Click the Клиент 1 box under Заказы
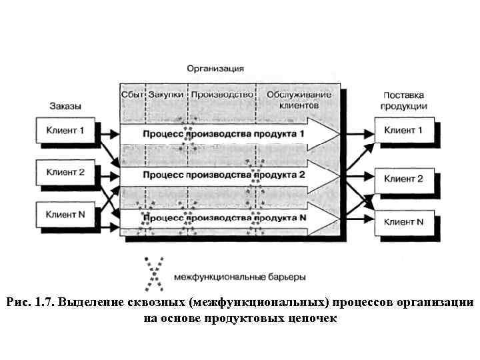click(x=65, y=130)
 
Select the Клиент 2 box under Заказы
click(x=65, y=172)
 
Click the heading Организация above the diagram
click(x=215, y=68)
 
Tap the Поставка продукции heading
click(x=404, y=101)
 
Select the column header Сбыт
click(x=132, y=95)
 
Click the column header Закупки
click(x=166, y=95)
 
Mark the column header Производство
click(x=223, y=95)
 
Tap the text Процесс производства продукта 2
click(x=224, y=175)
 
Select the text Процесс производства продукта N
click(x=224, y=217)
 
